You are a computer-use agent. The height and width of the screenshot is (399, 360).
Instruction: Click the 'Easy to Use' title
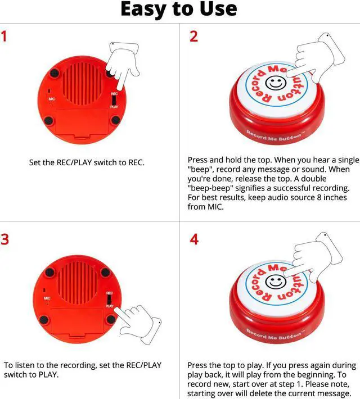[x=179, y=10]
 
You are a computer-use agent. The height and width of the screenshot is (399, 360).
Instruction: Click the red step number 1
[x=6, y=38]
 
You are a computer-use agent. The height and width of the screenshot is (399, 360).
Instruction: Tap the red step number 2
[x=193, y=38]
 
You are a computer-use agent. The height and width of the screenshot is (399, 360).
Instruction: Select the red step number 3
[x=6, y=239]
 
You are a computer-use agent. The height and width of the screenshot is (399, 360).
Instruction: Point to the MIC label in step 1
[x=51, y=99]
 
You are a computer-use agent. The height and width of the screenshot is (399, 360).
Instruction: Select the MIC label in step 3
[x=47, y=298]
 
